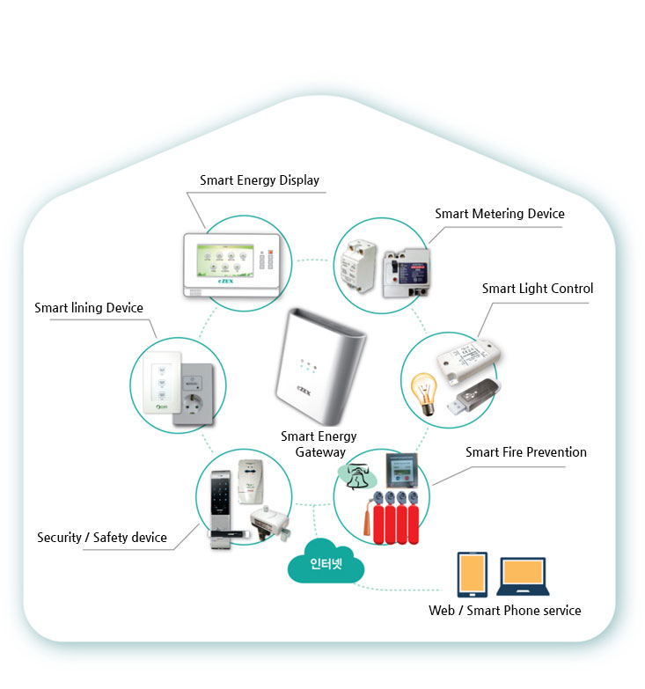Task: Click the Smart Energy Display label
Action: pos(259,180)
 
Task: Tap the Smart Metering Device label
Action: pos(499,214)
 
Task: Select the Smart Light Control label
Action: pos(537,289)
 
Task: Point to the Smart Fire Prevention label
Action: pos(525,452)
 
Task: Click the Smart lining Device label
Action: pos(88,308)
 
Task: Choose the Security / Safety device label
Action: pos(101,538)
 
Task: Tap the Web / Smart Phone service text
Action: pos(504,611)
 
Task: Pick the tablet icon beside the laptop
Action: pos(473,575)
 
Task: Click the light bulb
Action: pos(424,393)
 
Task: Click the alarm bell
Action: pos(359,477)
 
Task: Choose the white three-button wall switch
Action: pos(160,382)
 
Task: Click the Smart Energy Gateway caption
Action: pos(319,444)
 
